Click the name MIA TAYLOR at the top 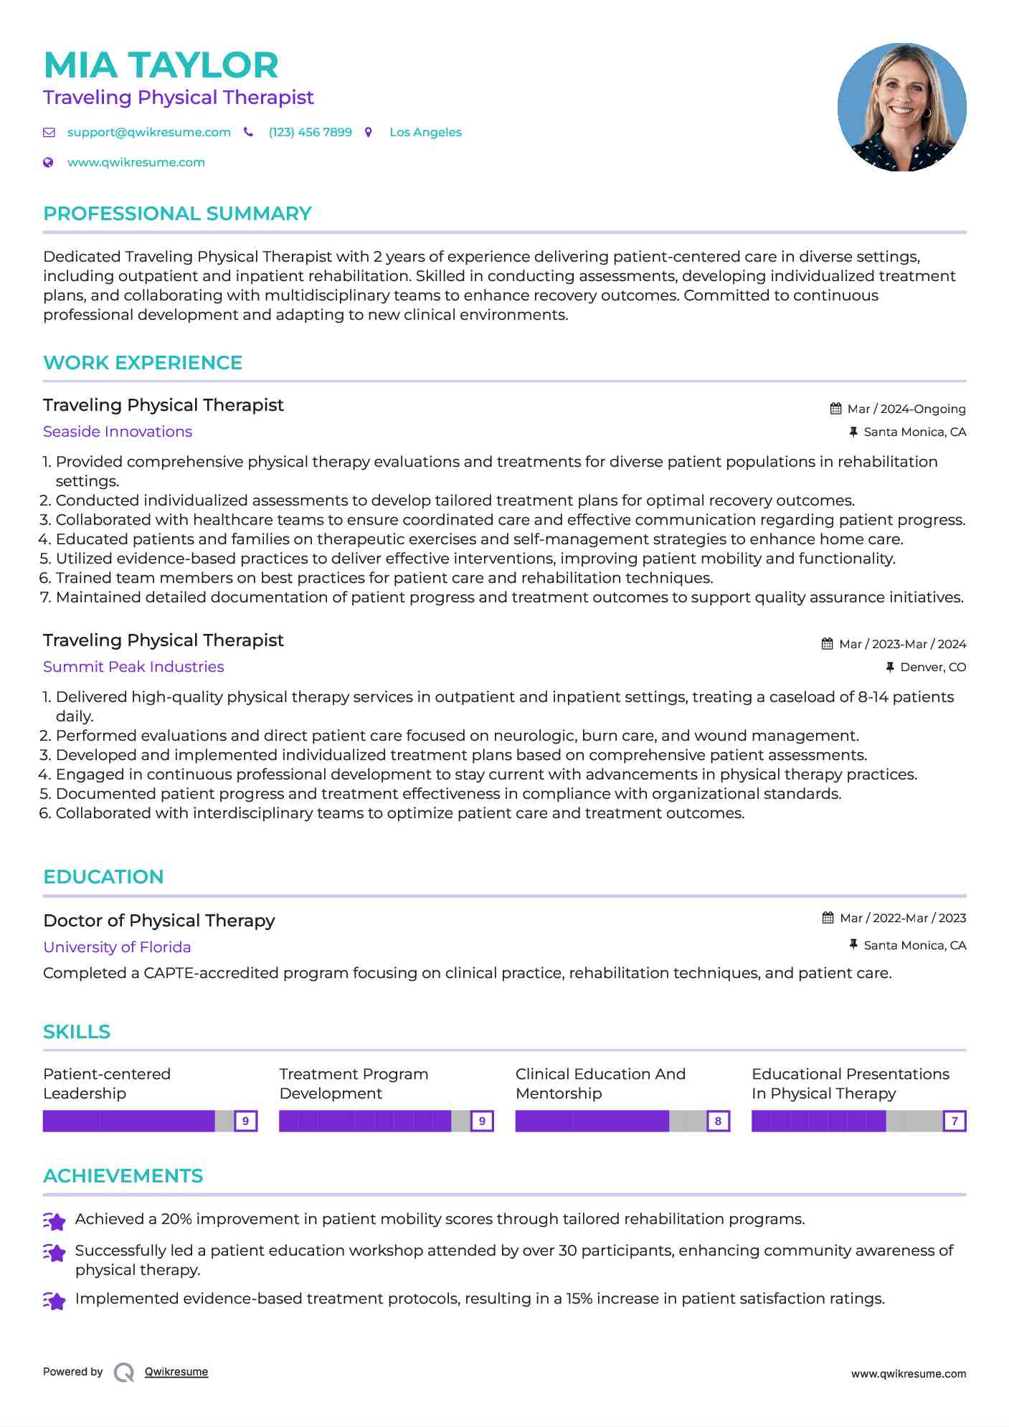coord(161,65)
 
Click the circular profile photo coord(901,108)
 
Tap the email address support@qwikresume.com coord(148,133)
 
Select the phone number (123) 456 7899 coord(310,133)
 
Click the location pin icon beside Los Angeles coord(369,133)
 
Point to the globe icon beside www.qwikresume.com coord(48,163)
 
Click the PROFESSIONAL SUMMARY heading coord(177,214)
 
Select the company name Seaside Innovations coord(118,432)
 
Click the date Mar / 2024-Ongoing coord(906,409)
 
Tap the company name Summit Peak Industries coord(133,667)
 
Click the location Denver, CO coord(932,668)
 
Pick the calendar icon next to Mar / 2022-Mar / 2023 coord(828,918)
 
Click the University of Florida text coord(117,947)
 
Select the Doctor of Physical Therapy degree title coord(158,921)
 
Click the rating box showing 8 coord(718,1121)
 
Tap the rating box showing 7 coord(954,1121)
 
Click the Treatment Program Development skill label coord(353,1084)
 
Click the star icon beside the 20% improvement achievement coord(55,1220)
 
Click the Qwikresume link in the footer coord(176,1372)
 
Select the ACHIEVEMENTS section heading coord(123,1176)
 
